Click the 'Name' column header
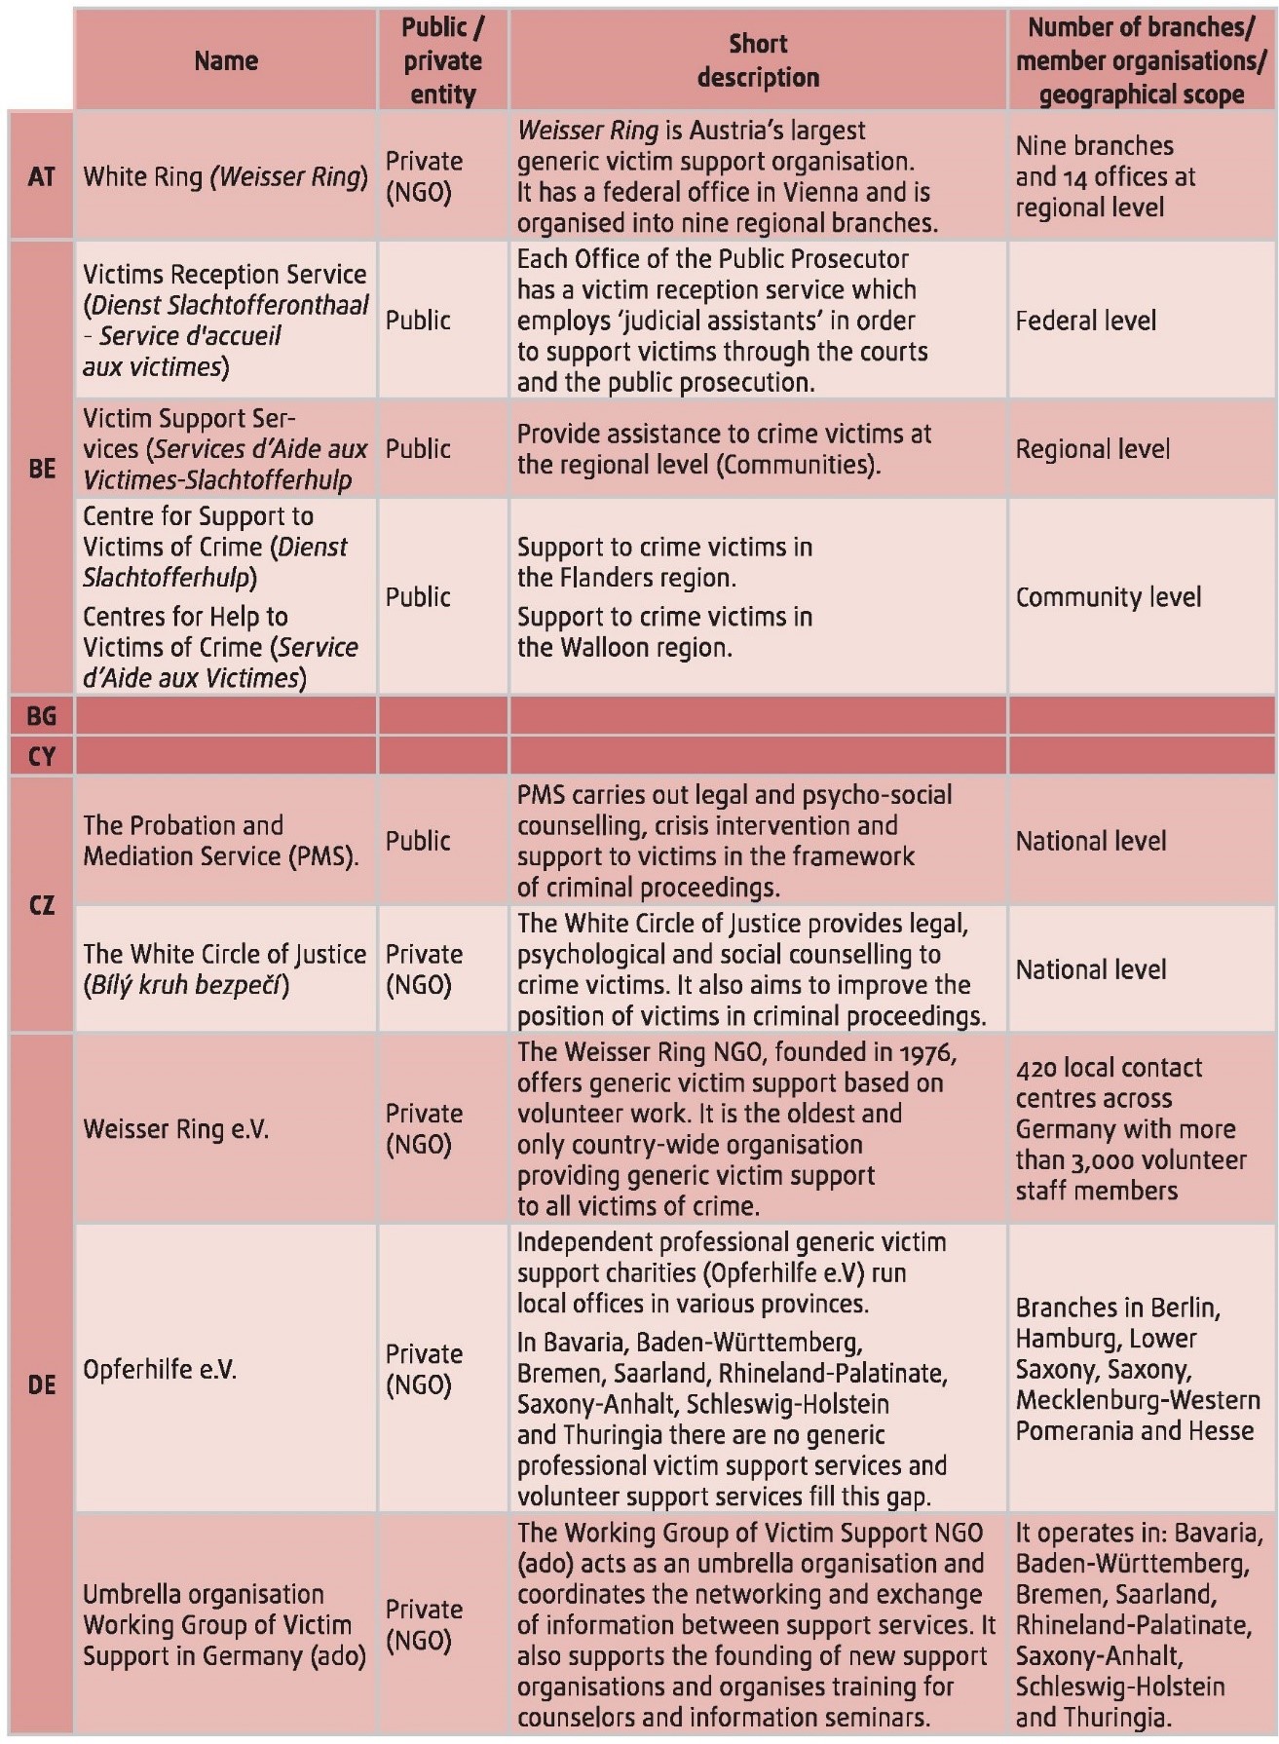tap(226, 60)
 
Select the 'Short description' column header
tap(758, 60)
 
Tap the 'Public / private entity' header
tap(443, 60)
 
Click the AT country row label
tap(42, 176)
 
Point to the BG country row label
tap(42, 716)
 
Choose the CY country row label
tap(42, 756)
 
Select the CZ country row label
tap(42, 905)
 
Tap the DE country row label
tap(42, 1384)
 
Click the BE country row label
tap(42, 468)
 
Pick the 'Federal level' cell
tap(1086, 321)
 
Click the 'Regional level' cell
tap(1093, 449)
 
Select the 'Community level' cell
tap(1109, 597)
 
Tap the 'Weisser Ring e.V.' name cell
tap(176, 1129)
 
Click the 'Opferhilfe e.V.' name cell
tap(160, 1369)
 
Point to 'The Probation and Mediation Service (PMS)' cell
tap(221, 841)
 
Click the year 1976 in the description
tap(926, 1052)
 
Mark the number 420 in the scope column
tap(1034, 1068)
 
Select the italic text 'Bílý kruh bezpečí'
tap(186, 985)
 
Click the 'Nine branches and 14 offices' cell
tap(1105, 176)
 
